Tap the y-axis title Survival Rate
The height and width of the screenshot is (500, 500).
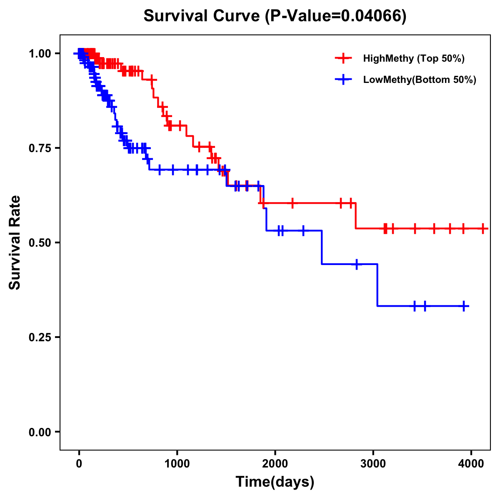click(15, 242)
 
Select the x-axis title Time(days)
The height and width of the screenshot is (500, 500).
click(275, 482)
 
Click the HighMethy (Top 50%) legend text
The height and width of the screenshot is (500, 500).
click(414, 58)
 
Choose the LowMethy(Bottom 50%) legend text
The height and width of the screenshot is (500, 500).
click(420, 80)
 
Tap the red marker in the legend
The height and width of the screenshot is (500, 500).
click(343, 58)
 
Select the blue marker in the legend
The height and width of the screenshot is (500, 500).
click(343, 80)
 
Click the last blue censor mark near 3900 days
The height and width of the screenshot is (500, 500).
click(464, 306)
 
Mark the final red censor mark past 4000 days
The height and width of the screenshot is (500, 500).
click(482, 228)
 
